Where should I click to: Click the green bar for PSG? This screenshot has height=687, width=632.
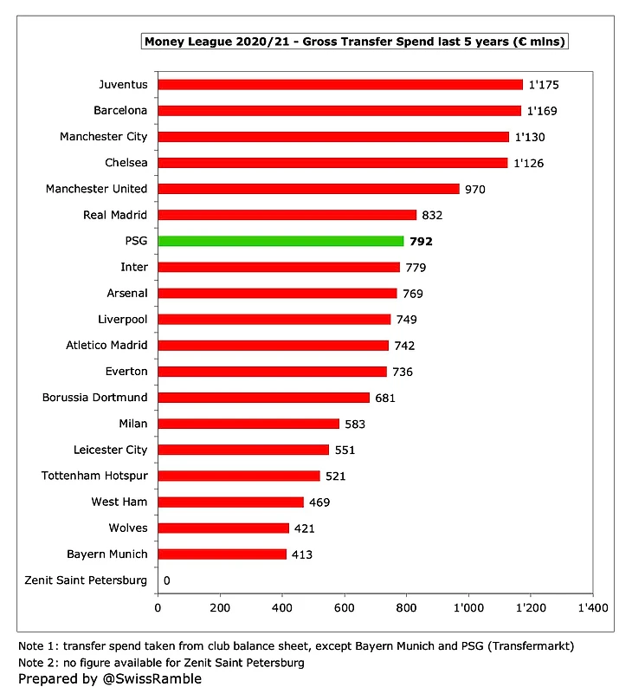281,241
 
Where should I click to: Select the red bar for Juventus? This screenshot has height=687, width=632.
340,85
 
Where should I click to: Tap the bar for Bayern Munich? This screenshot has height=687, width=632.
222,554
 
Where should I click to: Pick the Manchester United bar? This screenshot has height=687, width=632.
308,189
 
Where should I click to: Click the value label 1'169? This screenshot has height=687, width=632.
543,111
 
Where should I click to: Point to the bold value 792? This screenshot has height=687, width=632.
421,241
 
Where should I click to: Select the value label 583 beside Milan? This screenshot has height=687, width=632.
352,424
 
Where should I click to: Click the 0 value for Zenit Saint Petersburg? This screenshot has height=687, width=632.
166,580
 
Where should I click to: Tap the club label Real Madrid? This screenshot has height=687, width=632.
115,215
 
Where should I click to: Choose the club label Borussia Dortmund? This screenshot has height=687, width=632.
94,398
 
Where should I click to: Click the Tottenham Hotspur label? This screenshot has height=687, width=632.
94,476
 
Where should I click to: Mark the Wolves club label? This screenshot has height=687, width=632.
128,528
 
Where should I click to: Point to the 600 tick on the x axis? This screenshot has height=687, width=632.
345,608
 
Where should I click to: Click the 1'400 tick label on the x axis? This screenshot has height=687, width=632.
592,608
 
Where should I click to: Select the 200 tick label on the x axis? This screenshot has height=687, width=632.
220,608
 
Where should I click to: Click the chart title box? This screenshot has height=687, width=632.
355,42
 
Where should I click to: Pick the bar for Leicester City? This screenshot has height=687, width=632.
243,450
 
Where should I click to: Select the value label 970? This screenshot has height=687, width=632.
475,189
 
